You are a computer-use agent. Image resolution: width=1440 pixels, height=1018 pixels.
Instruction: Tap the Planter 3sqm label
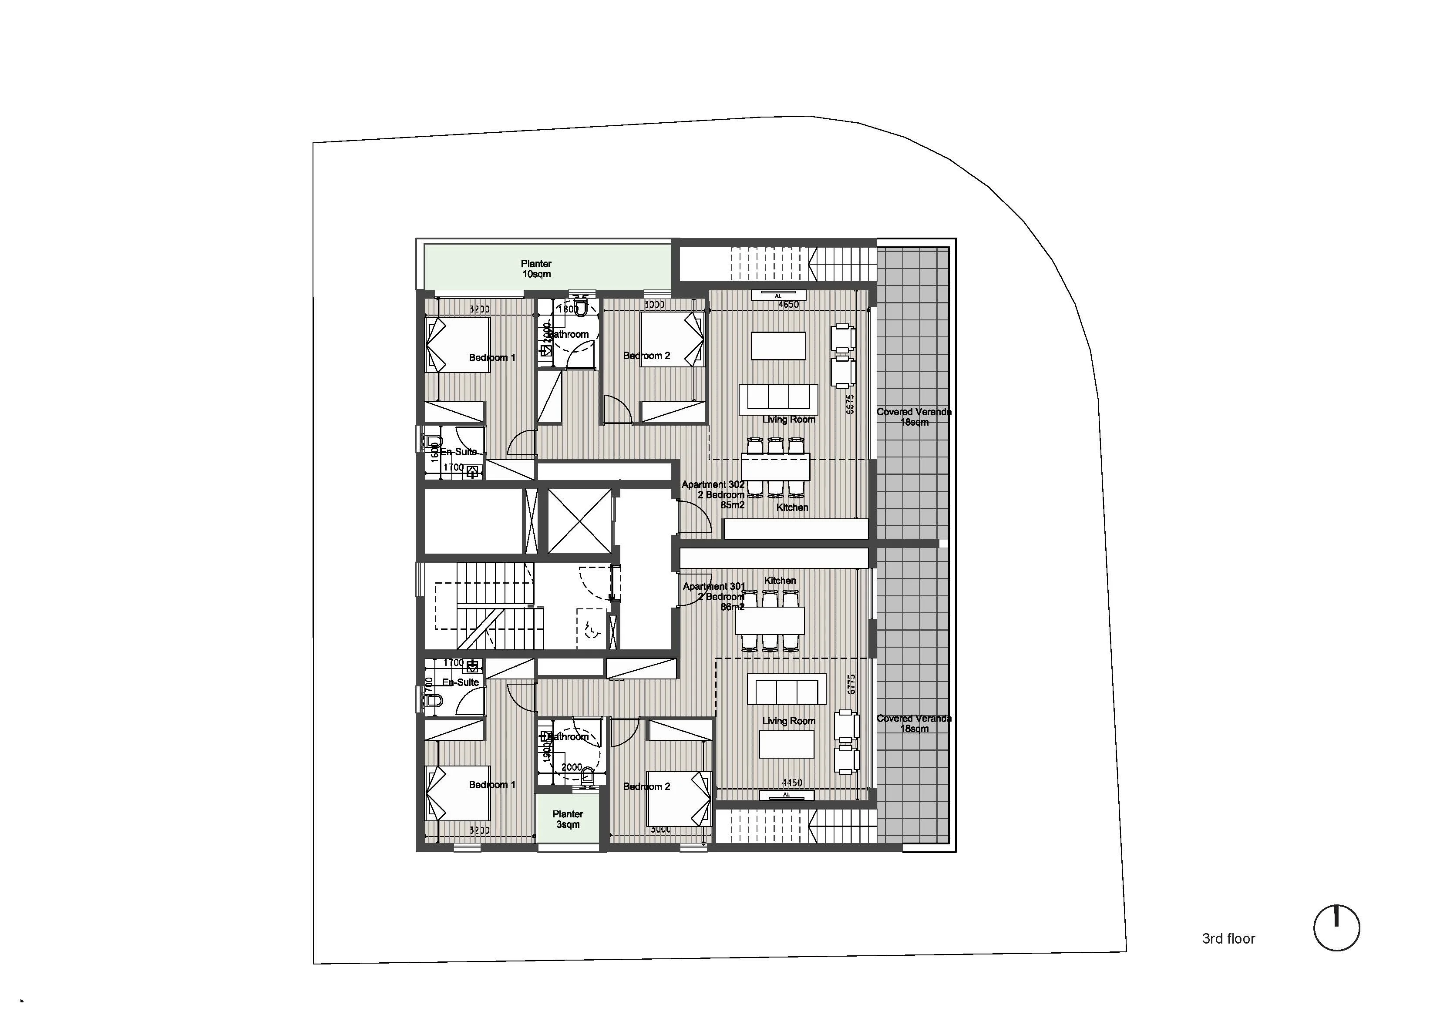point(568,819)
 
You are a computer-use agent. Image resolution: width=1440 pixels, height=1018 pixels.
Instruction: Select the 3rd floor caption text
point(1228,939)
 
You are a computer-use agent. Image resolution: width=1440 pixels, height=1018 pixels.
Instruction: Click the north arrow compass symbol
point(1336,927)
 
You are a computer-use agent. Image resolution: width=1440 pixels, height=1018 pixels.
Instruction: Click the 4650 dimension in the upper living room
point(788,305)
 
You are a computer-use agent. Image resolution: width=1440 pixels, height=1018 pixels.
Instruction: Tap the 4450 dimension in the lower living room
point(791,783)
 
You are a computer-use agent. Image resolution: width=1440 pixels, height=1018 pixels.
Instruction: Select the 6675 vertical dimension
point(850,404)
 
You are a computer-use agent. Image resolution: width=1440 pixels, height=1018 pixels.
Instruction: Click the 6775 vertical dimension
point(851,684)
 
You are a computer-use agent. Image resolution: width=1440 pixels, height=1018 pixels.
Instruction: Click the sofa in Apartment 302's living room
point(778,398)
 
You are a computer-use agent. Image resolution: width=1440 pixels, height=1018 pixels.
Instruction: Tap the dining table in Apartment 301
point(770,621)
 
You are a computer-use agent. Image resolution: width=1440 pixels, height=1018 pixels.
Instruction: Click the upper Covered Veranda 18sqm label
point(914,417)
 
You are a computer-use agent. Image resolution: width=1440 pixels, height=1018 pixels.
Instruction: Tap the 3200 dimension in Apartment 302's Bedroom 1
point(479,309)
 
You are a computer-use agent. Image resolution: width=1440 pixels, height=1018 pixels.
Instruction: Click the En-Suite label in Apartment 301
point(461,682)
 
